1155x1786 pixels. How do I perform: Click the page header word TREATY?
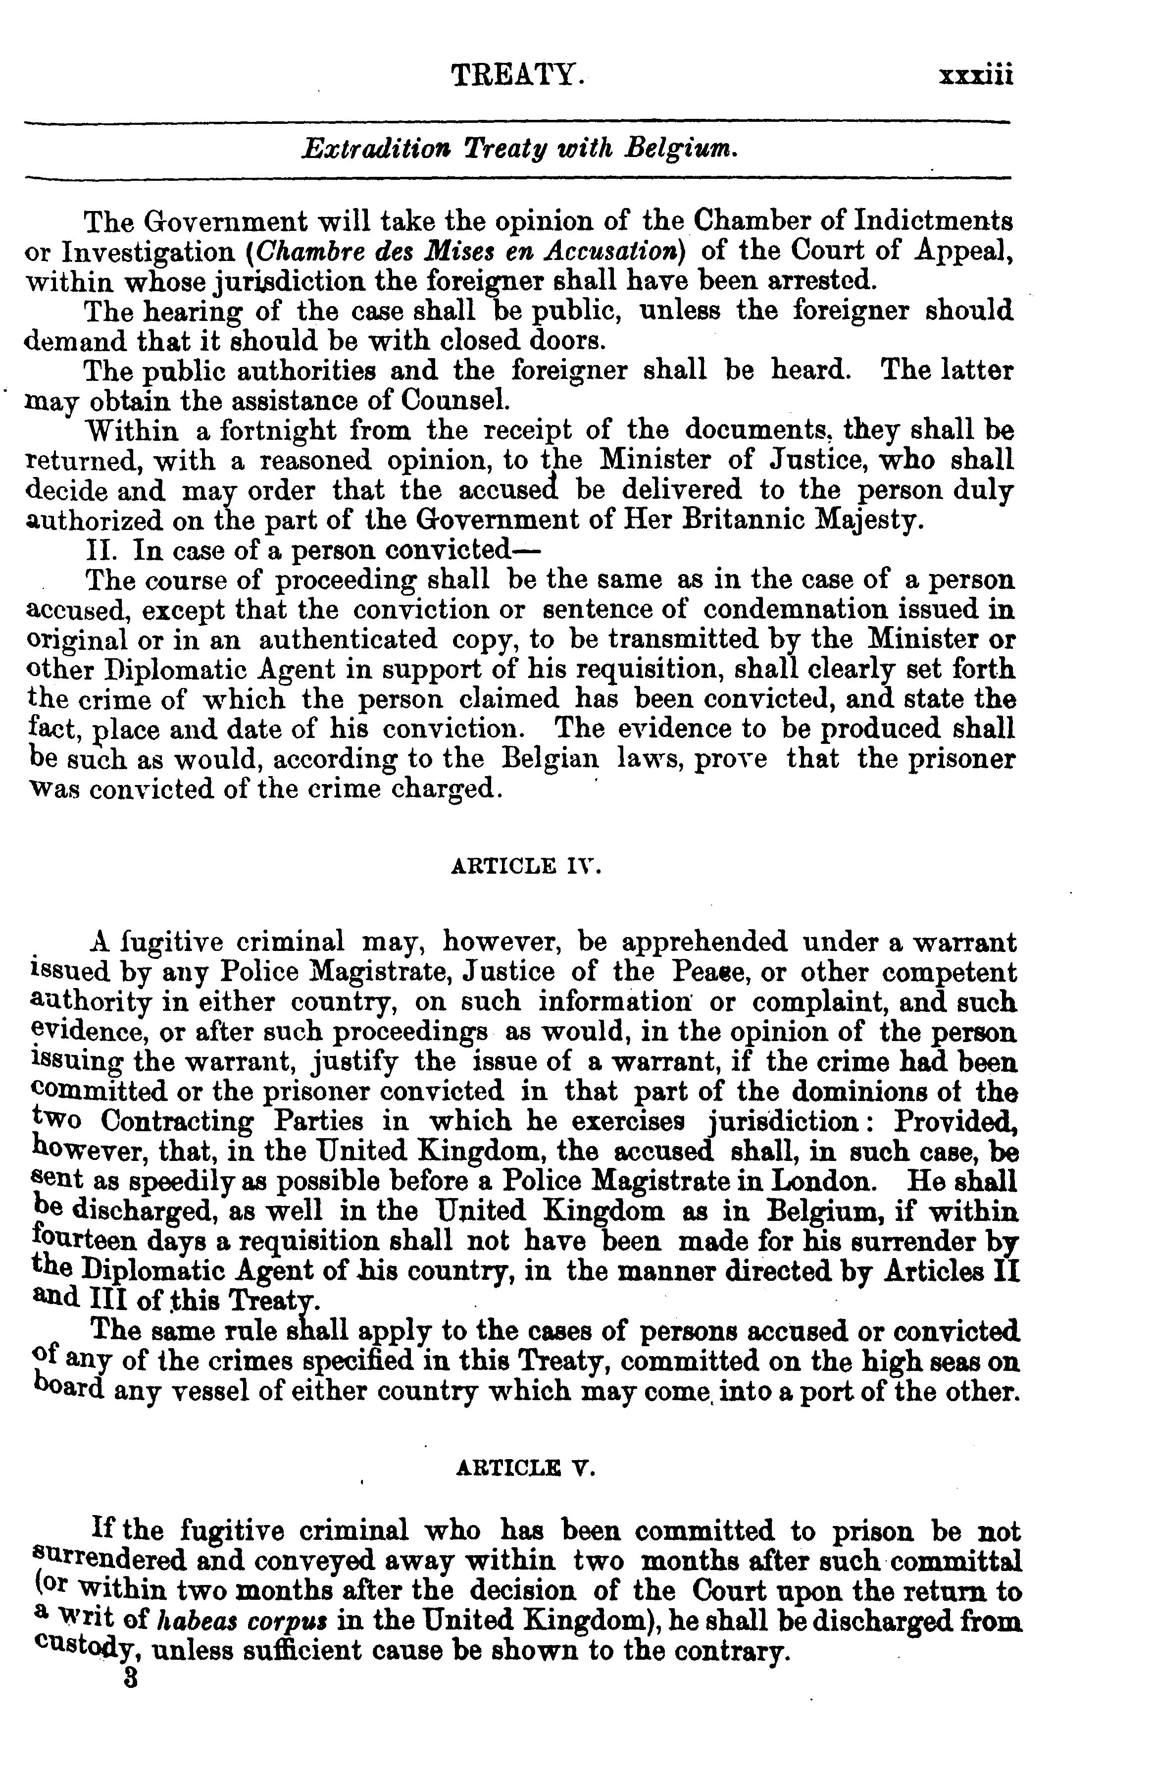(x=517, y=76)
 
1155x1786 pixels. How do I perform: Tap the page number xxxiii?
(x=975, y=76)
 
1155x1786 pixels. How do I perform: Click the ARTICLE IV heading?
(x=526, y=866)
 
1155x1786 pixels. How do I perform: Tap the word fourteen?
(x=80, y=1241)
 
